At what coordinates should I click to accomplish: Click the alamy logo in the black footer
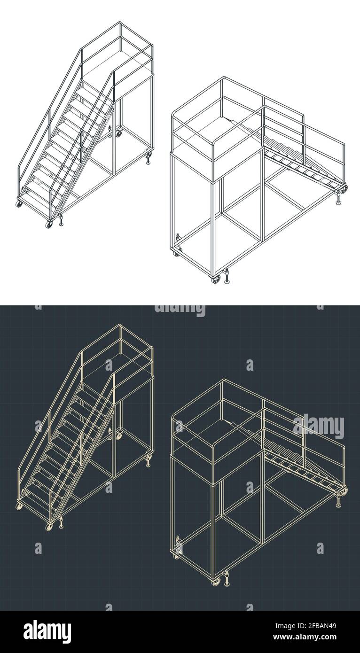coord(47,631)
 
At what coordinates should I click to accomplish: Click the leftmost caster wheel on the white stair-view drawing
coord(19,203)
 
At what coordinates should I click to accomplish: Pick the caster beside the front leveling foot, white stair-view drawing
coord(49,224)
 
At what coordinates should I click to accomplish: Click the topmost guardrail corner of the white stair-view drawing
coord(120,23)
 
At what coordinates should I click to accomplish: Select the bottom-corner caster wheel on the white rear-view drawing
coord(216,280)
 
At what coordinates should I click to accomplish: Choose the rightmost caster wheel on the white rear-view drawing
coord(344,189)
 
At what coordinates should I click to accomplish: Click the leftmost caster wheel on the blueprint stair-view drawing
coord(19,506)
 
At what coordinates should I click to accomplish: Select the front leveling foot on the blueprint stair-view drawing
coord(61,523)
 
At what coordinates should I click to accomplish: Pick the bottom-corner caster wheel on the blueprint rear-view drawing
coord(216,582)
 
